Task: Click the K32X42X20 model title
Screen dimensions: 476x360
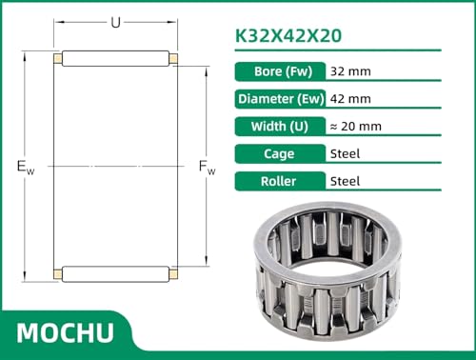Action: pos(288,35)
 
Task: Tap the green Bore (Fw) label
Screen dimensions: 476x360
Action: pos(280,71)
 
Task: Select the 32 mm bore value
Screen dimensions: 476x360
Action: pos(350,71)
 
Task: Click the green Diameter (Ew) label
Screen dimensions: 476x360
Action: pos(280,99)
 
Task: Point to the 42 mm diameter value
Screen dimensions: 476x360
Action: pos(350,99)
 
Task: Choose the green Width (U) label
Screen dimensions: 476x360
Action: pos(280,127)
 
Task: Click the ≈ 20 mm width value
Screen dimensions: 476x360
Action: pos(356,127)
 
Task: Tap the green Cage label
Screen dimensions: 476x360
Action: pos(280,154)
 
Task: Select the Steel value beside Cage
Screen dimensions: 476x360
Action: pos(345,154)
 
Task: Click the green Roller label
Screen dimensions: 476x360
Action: pos(280,181)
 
